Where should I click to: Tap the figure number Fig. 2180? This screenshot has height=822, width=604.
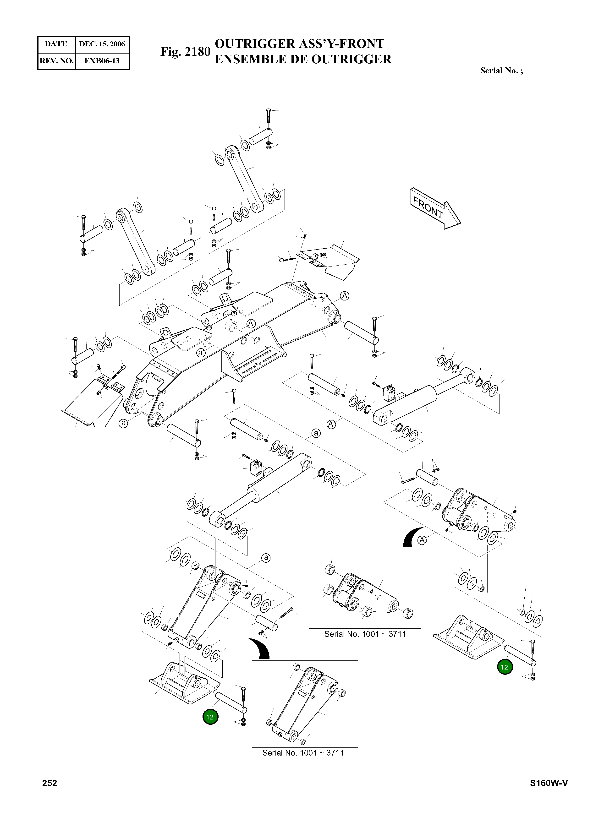coord(185,52)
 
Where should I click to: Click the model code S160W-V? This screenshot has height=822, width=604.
coord(549,783)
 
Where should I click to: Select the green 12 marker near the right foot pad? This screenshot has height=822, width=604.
coord(505,667)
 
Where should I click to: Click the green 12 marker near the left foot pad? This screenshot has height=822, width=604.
coord(210,717)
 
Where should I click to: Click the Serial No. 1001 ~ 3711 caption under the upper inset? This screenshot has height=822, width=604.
coord(365,634)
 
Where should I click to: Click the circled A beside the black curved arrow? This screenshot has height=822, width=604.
coord(422,540)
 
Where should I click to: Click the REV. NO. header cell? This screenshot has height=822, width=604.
coord(56,61)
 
